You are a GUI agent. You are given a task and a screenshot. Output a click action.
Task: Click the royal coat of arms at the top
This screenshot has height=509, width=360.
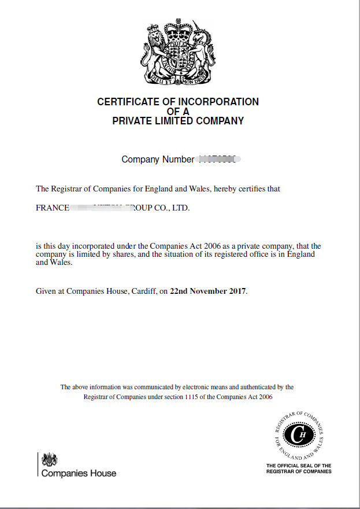tap(178, 53)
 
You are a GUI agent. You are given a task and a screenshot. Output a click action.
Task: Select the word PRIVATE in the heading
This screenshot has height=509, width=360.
tap(132, 121)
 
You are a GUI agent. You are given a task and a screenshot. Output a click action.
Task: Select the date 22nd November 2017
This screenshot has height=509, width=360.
tap(208, 291)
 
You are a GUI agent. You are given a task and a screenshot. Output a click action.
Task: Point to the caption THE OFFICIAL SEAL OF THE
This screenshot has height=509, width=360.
tap(299, 466)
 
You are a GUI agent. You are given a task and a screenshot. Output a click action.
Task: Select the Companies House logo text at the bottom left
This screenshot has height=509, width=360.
tap(79, 473)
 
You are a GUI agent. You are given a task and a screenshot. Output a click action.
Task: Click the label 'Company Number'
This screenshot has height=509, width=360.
tap(157, 159)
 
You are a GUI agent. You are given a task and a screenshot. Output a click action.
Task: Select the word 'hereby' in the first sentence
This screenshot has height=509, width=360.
tap(225, 189)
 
